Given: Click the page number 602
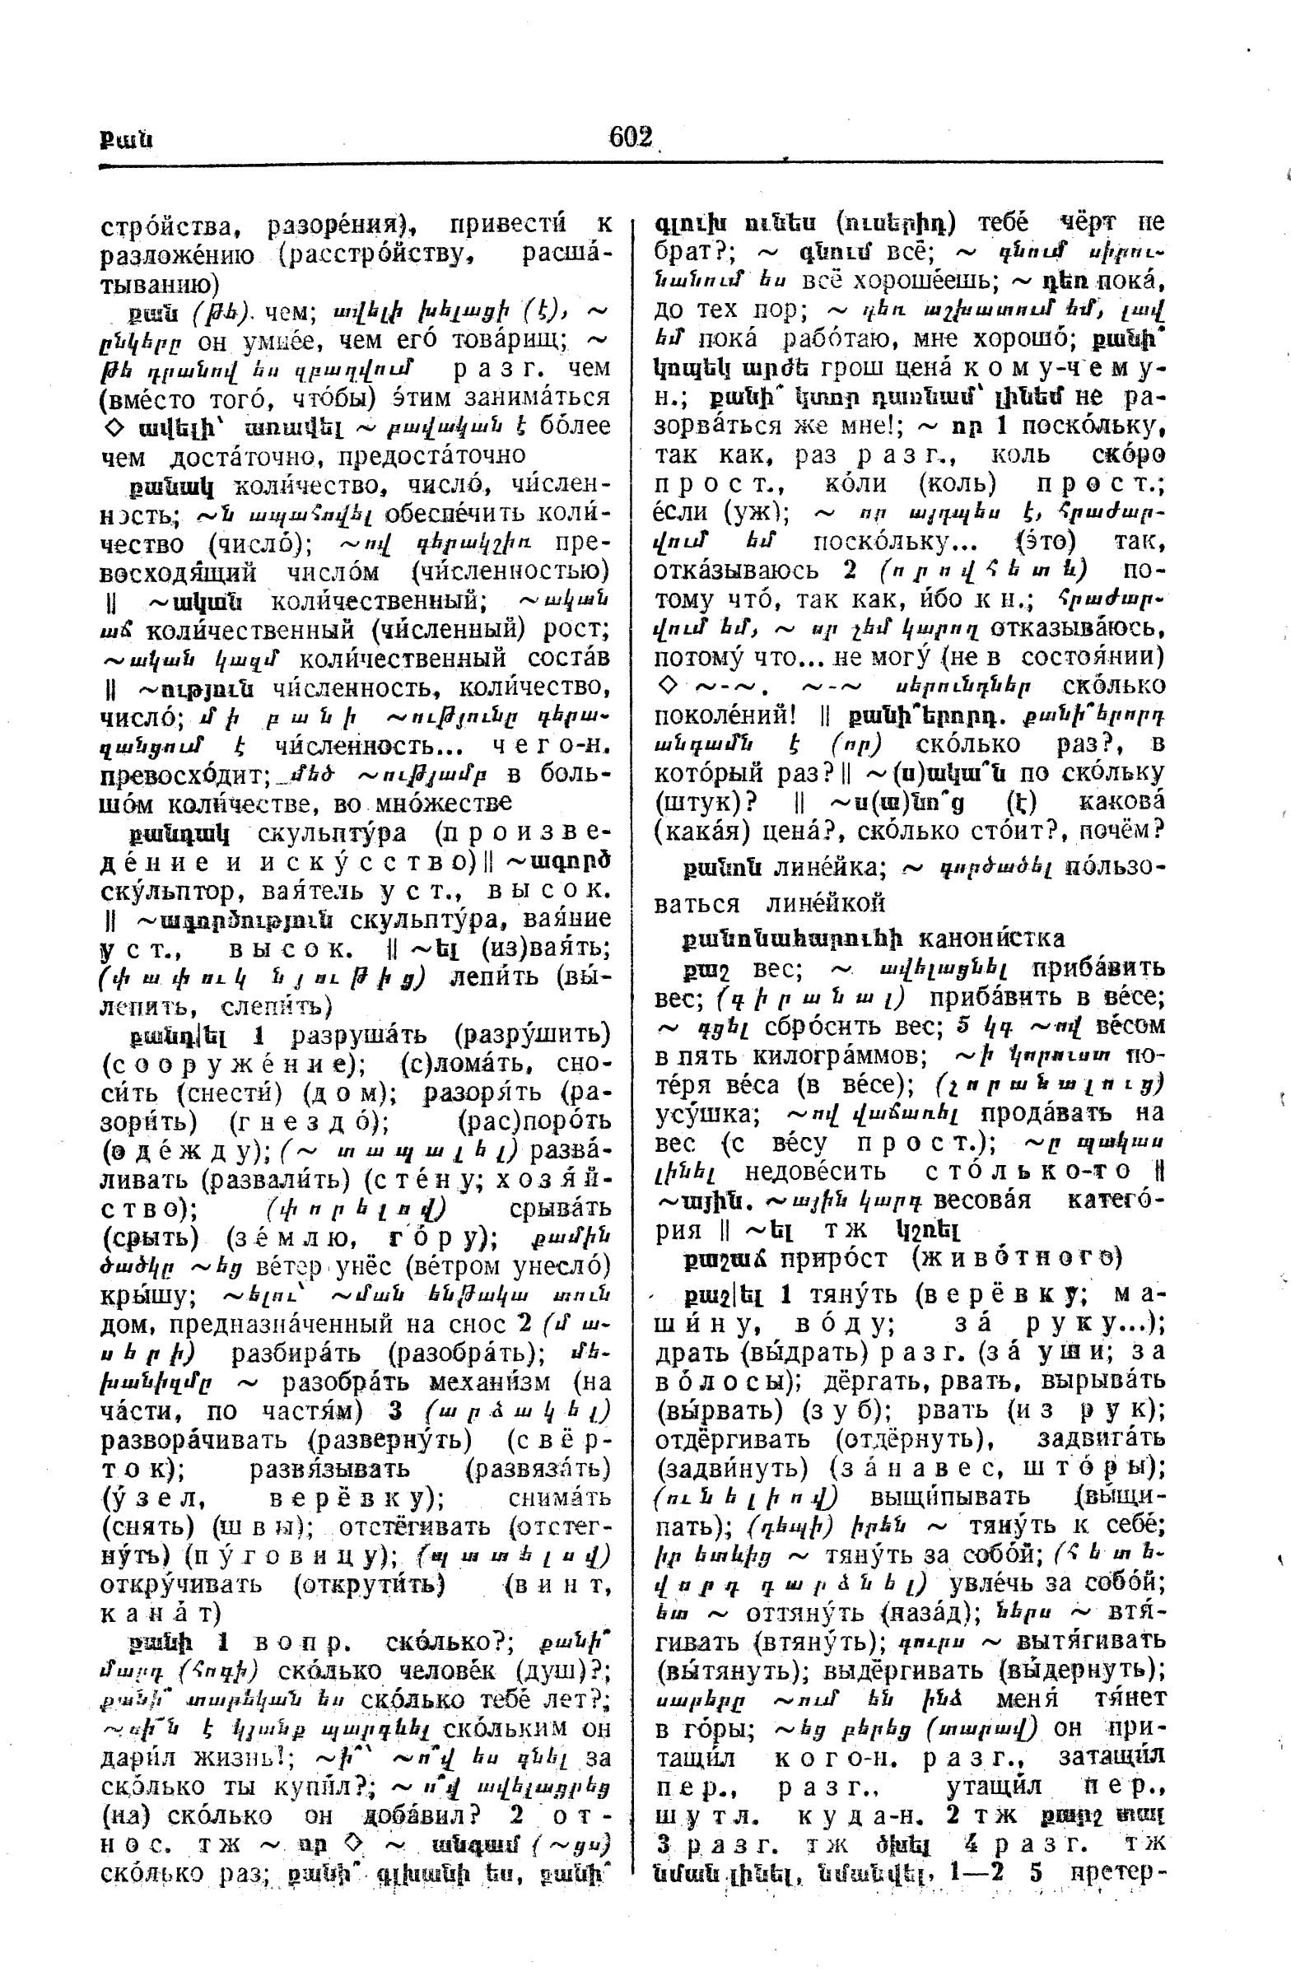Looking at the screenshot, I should pyautogui.click(x=630, y=136).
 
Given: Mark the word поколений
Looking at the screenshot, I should pyautogui.click(x=714, y=714).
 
